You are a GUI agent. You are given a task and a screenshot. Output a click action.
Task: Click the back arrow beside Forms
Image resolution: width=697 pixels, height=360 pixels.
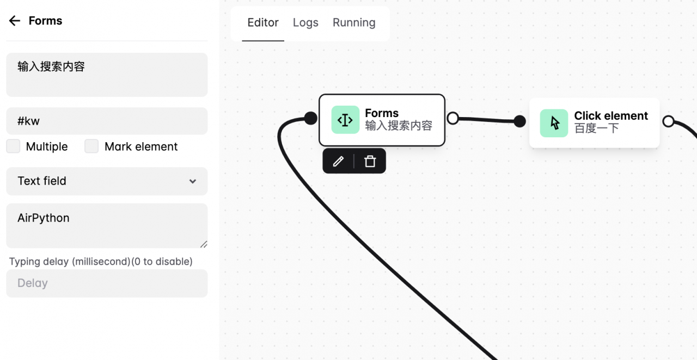pyautogui.click(x=15, y=21)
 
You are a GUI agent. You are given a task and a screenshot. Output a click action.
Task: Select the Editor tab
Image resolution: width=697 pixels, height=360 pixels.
pyautogui.click(x=263, y=23)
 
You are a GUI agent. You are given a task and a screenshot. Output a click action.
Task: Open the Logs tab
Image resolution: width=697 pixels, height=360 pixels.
pyautogui.click(x=305, y=23)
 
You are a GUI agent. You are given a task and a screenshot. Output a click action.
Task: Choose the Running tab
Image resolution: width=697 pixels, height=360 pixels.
pyautogui.click(x=354, y=23)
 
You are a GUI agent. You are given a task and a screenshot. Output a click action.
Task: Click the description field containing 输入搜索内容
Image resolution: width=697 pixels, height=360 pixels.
pyautogui.click(x=107, y=75)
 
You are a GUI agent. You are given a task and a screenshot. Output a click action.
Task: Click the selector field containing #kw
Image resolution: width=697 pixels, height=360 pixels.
pyautogui.click(x=107, y=121)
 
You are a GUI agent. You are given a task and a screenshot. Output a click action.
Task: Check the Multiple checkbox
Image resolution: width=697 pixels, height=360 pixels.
pyautogui.click(x=13, y=147)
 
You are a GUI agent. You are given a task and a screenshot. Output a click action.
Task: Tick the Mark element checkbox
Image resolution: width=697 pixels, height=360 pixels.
pyautogui.click(x=91, y=147)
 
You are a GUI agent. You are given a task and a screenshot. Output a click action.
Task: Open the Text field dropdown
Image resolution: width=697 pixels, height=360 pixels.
pyautogui.click(x=107, y=181)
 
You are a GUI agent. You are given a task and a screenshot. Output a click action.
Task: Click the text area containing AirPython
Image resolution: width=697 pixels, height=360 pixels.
pyautogui.click(x=107, y=225)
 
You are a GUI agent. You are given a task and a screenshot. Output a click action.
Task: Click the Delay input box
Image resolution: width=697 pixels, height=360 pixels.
pyautogui.click(x=107, y=283)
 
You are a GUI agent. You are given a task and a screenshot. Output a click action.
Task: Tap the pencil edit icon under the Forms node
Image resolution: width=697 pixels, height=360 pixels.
pyautogui.click(x=338, y=161)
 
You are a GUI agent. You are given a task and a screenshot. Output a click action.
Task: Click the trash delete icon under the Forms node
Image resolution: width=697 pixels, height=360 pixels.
pyautogui.click(x=370, y=161)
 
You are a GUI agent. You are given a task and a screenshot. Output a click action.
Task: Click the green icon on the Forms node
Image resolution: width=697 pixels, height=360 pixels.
pyautogui.click(x=345, y=120)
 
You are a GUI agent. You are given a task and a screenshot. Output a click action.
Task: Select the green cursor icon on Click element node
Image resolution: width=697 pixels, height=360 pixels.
pyautogui.click(x=554, y=123)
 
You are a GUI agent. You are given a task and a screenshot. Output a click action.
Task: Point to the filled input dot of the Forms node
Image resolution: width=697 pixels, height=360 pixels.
pyautogui.click(x=310, y=118)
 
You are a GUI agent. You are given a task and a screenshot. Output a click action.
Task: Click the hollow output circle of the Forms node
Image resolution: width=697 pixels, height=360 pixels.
pyautogui.click(x=453, y=118)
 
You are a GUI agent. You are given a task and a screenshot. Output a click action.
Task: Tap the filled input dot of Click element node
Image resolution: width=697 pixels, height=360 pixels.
pyautogui.click(x=519, y=121)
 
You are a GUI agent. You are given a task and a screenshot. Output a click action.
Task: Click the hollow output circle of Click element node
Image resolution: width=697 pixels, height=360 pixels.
pyautogui.click(x=668, y=121)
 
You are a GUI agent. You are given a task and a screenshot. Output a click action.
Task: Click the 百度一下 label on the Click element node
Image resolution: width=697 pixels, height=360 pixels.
pyautogui.click(x=596, y=129)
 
